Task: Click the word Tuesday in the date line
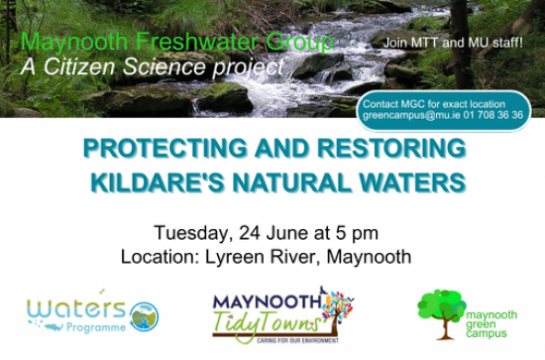[x=191, y=233]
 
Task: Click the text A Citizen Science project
[x=153, y=67]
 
